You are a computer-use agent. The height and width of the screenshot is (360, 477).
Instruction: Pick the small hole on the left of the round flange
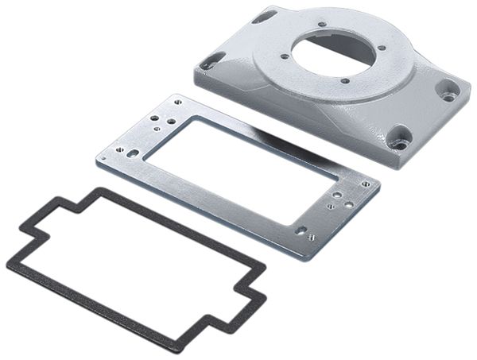(x=284, y=56)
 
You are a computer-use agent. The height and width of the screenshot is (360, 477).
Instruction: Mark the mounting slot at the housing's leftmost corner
(x=212, y=60)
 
